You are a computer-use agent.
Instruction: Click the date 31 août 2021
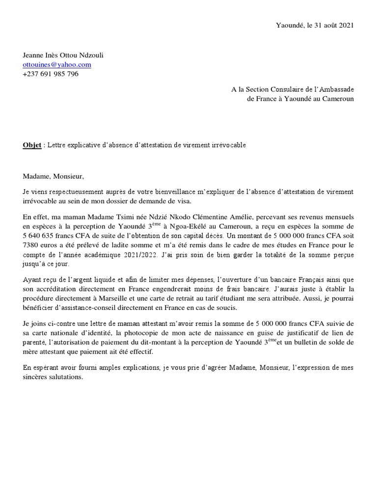tap(329, 25)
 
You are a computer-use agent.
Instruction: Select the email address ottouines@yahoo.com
tap(57, 64)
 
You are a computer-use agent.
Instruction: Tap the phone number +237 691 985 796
tap(51, 74)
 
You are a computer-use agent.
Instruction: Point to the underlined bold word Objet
tap(32, 145)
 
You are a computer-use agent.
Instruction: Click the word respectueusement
tap(73, 192)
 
